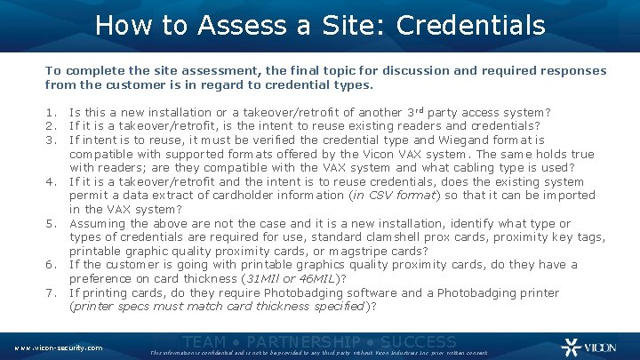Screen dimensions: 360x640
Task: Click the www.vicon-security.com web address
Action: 59,348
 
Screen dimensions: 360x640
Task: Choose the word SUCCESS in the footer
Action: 418,342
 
